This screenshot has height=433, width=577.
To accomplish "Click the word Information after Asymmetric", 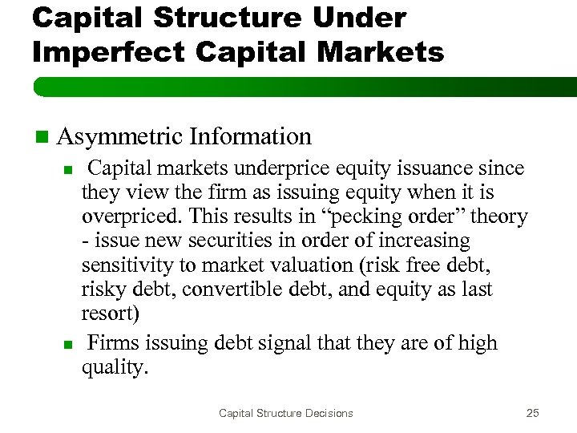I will (250, 137).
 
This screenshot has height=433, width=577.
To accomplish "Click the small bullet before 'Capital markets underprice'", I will (68, 170).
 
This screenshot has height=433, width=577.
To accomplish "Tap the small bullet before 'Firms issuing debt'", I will (68, 345).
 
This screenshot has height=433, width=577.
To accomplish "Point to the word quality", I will (114, 368).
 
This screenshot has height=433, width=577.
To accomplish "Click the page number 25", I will (532, 413).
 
